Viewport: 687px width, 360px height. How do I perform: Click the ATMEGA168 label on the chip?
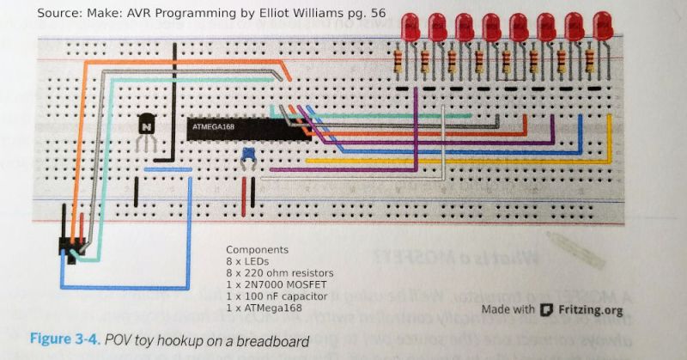click(x=215, y=127)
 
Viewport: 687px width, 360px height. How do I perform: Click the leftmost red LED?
click(x=412, y=27)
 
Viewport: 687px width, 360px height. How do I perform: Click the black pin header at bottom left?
click(x=67, y=245)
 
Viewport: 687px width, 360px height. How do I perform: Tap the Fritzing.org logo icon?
click(x=544, y=310)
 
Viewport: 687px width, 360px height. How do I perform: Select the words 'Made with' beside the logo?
click(x=509, y=310)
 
